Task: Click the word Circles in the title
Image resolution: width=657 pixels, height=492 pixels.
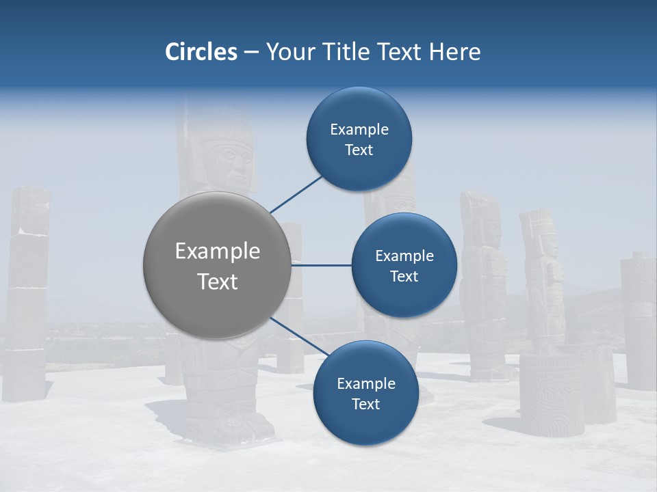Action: pos(201,52)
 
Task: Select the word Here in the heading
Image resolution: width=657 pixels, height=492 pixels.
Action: pos(454,52)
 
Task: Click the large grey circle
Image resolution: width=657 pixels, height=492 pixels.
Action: pos(217,265)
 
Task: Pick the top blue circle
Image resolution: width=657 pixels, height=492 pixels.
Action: pos(359,139)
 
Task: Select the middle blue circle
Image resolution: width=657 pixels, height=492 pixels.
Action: pos(404,265)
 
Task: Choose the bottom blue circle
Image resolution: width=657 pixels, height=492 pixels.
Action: pos(365,393)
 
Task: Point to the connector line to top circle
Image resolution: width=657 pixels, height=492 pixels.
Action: pos(297,194)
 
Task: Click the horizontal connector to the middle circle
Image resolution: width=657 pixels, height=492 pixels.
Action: pos(321,265)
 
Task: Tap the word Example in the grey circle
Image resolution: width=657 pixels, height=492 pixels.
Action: pos(217,251)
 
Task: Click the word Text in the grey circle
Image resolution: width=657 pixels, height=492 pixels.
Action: pos(217,282)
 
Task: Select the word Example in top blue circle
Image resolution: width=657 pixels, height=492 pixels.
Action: pos(359,130)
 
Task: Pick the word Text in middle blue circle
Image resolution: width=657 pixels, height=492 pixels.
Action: pos(404,276)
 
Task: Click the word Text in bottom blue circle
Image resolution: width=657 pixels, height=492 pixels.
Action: pos(365,404)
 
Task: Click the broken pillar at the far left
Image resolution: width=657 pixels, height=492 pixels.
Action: pos(27,294)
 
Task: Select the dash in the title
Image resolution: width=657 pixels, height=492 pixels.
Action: pos(251,53)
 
